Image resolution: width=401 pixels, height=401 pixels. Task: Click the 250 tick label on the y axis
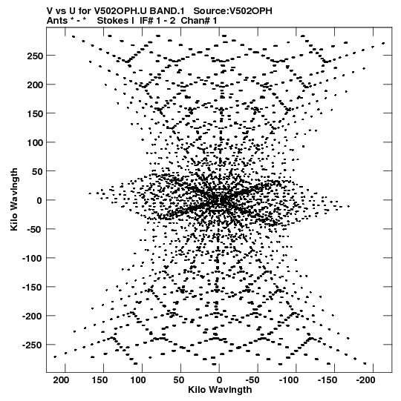[x=35, y=56]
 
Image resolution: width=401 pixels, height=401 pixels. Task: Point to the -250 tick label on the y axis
[x=32, y=345]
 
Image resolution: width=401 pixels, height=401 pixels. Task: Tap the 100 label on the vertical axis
[x=35, y=142]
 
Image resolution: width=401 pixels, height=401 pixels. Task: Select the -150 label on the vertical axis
[x=32, y=287]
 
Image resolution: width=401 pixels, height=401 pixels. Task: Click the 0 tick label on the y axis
[x=39, y=200]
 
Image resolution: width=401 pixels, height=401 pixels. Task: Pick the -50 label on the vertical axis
[x=35, y=229]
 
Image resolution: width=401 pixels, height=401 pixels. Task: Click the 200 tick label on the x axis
[x=61, y=380]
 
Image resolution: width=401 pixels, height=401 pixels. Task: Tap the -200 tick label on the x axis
[x=365, y=380]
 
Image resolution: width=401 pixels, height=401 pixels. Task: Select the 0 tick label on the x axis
[x=219, y=380]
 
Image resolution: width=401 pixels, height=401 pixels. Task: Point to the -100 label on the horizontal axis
[x=289, y=380]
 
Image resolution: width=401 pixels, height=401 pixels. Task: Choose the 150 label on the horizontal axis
[x=100, y=380]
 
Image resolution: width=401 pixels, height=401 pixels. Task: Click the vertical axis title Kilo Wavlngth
[x=14, y=199]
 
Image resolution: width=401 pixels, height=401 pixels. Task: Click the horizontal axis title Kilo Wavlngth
[x=220, y=390]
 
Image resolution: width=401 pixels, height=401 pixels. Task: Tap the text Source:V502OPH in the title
[x=232, y=11]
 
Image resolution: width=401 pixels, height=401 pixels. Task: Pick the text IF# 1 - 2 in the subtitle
[x=157, y=21]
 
